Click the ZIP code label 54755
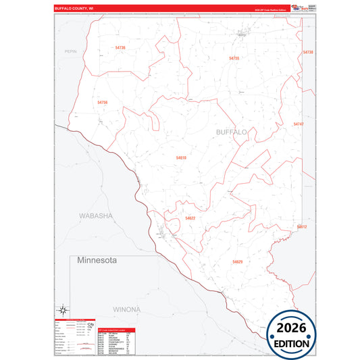[x=234, y=59]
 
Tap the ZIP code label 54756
[x=103, y=102]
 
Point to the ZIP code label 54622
[x=190, y=218]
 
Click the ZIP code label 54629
[x=238, y=261]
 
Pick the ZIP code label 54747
[x=299, y=124]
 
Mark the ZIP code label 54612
[x=301, y=227]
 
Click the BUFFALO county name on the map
[x=231, y=132]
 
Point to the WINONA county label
[x=126, y=309]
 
